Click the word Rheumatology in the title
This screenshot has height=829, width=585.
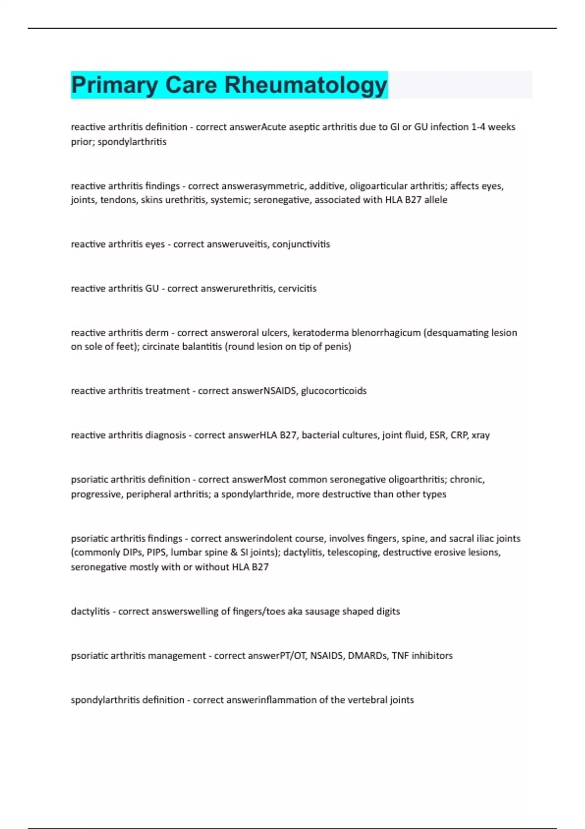pyautogui.click(x=305, y=85)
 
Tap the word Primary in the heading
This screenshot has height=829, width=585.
pyautogui.click(x=114, y=85)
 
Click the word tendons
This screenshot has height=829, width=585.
pyautogui.click(x=118, y=200)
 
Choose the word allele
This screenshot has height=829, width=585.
pyautogui.click(x=435, y=200)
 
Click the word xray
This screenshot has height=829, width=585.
pyautogui.click(x=481, y=435)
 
